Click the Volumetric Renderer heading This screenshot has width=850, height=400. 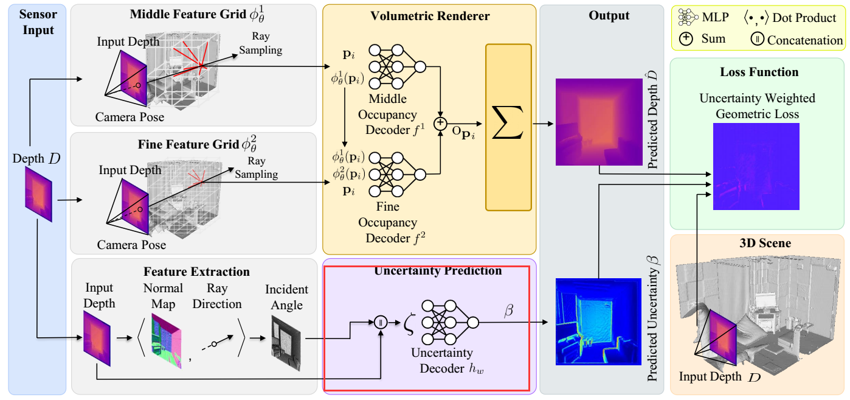[x=430, y=16]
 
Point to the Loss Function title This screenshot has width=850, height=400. [x=759, y=72]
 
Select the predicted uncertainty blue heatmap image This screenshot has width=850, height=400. [x=598, y=320]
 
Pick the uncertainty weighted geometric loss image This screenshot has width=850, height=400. [x=756, y=166]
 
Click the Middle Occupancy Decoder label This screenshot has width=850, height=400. [x=387, y=114]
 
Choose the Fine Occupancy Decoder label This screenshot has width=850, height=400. [x=388, y=223]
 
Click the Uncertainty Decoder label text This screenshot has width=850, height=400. [x=441, y=360]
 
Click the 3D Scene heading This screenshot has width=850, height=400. [x=759, y=243]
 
